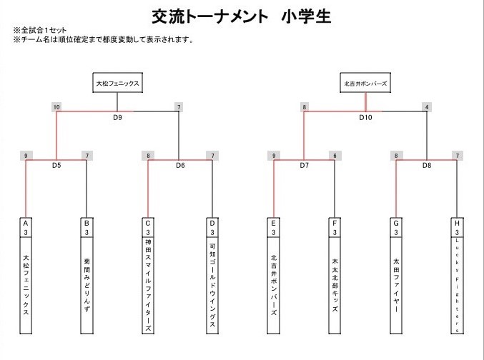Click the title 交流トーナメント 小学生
point(241,16)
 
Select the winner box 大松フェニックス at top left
point(117,84)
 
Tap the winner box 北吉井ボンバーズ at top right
point(365,84)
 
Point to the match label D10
point(366,117)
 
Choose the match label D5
point(57,165)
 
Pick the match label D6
point(180,165)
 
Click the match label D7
point(304,165)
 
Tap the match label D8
point(427,165)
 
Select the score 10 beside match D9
point(56,107)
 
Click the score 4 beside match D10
point(427,107)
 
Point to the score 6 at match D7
point(334,155)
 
